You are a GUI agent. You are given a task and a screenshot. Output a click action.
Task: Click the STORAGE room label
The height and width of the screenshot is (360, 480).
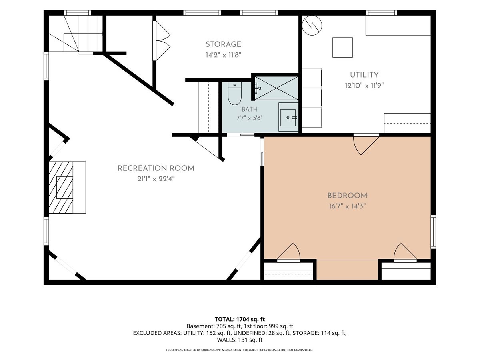point(223,44)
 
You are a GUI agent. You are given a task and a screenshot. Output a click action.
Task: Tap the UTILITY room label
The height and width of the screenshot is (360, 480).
point(364,75)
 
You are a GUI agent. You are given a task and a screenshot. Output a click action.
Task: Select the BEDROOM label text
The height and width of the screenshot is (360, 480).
point(347,195)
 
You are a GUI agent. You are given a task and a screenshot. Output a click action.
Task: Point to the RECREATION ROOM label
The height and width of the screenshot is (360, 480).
point(156,168)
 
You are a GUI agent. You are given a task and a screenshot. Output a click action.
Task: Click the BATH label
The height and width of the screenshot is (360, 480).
point(250,109)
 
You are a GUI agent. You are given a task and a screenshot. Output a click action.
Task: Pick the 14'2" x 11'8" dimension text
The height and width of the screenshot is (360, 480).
point(223,55)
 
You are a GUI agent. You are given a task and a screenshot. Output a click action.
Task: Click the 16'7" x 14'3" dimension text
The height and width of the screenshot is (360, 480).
point(347,206)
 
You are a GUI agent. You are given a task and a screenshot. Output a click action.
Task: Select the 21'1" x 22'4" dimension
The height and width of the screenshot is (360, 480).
point(156,179)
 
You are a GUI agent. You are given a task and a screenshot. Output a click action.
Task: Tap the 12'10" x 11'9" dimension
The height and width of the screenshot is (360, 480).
point(364,86)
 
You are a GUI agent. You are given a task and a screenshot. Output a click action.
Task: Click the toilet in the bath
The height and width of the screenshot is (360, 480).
point(234,94)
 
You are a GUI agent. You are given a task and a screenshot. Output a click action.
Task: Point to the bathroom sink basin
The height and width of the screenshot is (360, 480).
point(288,118)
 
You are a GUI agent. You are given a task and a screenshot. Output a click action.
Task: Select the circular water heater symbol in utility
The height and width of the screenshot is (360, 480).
point(312,25)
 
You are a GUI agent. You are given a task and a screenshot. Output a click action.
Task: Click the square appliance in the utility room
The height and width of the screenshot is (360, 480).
point(342,48)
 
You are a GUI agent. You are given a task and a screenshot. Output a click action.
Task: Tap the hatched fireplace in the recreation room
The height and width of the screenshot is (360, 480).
point(61,188)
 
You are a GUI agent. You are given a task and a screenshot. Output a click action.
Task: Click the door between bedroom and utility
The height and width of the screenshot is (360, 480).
point(366,144)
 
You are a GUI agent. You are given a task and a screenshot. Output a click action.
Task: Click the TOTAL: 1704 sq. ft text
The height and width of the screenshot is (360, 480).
point(240,319)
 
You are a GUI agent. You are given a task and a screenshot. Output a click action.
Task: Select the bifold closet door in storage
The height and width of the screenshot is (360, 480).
point(161,40)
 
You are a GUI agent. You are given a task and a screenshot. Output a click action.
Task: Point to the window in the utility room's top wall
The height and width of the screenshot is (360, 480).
point(382,13)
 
